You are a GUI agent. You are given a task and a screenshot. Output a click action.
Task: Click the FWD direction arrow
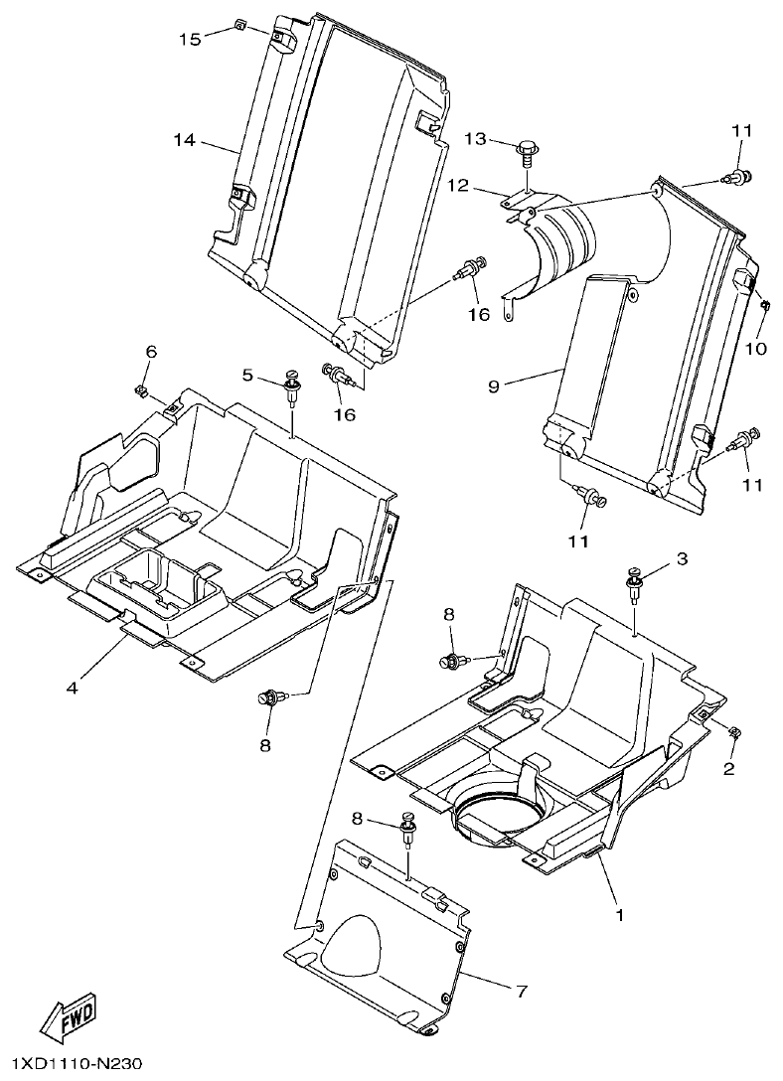click(67, 1014)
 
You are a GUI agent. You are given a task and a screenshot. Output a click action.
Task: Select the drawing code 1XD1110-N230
click(73, 1065)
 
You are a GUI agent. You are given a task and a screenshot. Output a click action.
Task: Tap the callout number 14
click(185, 140)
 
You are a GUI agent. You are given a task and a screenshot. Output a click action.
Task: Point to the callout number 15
click(190, 39)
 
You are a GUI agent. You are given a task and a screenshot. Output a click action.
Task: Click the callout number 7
click(520, 991)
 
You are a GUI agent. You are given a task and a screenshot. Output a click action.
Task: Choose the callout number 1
click(620, 913)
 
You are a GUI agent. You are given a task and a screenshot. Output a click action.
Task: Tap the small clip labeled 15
click(239, 24)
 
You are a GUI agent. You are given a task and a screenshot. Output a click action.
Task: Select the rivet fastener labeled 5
click(292, 386)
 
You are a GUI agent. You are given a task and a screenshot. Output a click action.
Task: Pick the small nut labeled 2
click(734, 733)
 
